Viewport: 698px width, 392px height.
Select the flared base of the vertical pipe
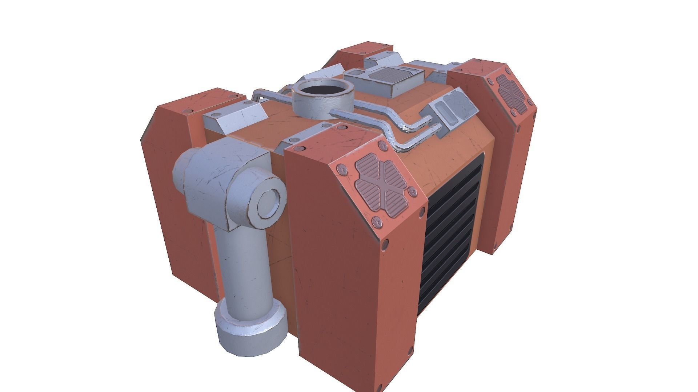click(251, 328)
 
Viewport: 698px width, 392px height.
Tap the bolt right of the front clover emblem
click(412, 191)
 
